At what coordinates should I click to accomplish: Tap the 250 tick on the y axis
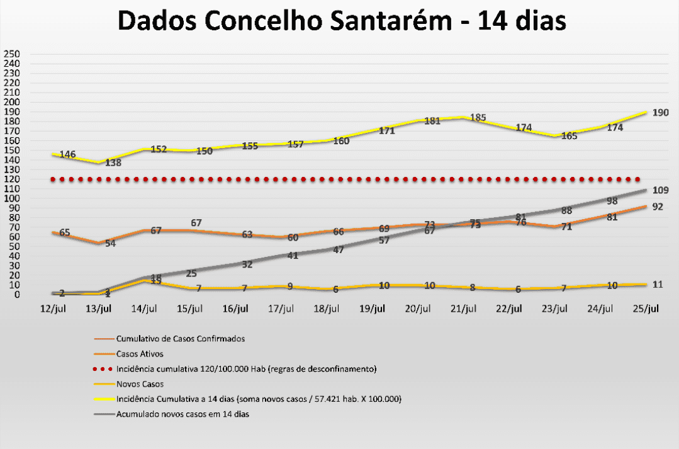pyautogui.click(x=12, y=54)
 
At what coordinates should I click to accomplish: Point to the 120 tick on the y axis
pyautogui.click(x=12, y=179)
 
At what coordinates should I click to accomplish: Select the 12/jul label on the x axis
pyautogui.click(x=53, y=308)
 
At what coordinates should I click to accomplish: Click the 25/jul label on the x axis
pyautogui.click(x=646, y=308)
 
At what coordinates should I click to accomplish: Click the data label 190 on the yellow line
pyautogui.click(x=660, y=112)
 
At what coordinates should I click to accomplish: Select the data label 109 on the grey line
pyautogui.click(x=660, y=190)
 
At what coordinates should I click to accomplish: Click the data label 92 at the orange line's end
pyautogui.click(x=658, y=207)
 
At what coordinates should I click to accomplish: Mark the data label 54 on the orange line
pyautogui.click(x=110, y=243)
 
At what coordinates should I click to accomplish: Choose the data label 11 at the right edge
pyautogui.click(x=658, y=284)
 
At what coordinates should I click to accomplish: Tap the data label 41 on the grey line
pyautogui.click(x=293, y=255)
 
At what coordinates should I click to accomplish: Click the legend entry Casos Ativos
pyautogui.click(x=140, y=354)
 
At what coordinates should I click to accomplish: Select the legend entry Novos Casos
pyautogui.click(x=139, y=384)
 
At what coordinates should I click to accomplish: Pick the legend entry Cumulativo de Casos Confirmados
pyautogui.click(x=181, y=339)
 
